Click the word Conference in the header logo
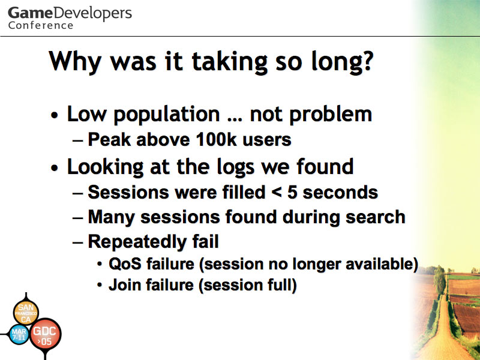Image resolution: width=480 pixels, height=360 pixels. (41, 25)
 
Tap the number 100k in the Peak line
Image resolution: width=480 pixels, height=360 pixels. (216, 139)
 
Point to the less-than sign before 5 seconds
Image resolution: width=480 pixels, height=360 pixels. (277, 193)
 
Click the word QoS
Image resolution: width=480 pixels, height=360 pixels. (125, 264)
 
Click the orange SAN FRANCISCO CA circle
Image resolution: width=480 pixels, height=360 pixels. (26, 313)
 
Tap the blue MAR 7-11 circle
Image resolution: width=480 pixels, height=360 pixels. (19, 334)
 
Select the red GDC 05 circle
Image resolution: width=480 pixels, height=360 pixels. (46, 335)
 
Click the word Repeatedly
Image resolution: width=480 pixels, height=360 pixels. (137, 242)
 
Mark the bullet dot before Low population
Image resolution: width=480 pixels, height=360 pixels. (55, 116)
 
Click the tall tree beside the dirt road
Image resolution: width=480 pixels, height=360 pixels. (440, 280)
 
